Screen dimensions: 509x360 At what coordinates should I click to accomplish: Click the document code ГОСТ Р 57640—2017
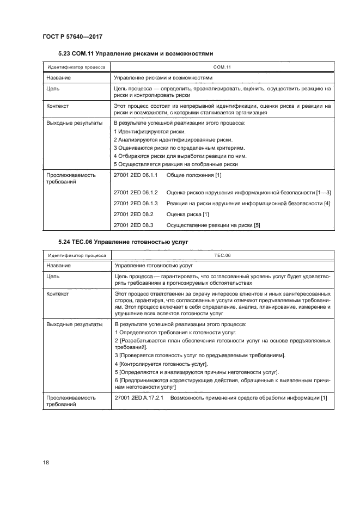tap(73, 36)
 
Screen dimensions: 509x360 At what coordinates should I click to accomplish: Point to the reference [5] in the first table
tap(257, 225)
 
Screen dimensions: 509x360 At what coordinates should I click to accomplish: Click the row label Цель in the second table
tap(53, 277)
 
